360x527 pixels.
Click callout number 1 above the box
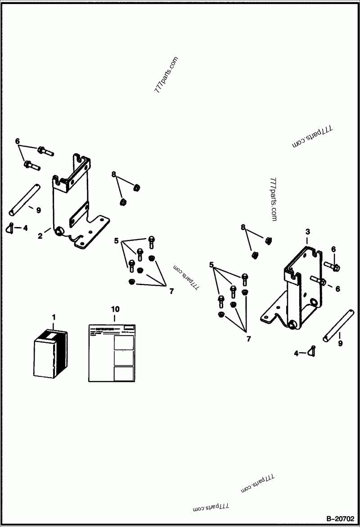[x=54, y=317]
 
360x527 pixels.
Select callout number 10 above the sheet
[x=115, y=309]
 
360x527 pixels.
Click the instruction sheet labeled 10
[x=112, y=353]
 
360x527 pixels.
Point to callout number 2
[x=40, y=236]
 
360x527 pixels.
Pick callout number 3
[x=307, y=232]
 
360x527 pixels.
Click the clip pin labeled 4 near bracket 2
[x=12, y=228]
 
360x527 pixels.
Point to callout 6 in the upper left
[x=18, y=141]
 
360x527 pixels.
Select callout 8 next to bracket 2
[x=114, y=174]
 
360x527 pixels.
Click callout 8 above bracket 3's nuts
[x=243, y=228]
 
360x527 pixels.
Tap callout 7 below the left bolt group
[x=171, y=291]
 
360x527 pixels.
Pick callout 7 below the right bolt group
[x=248, y=339]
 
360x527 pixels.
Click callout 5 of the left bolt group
[x=116, y=241]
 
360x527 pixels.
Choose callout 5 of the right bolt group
[x=211, y=265]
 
